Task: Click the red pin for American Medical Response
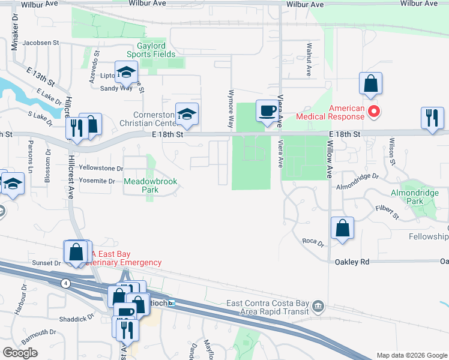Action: [x=375, y=112]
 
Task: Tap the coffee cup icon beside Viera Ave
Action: [x=267, y=111]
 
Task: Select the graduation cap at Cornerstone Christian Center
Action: [x=187, y=114]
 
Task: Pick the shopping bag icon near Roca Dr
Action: [x=342, y=229]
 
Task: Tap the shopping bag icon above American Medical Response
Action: [x=370, y=83]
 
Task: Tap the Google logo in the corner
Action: [x=20, y=353]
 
